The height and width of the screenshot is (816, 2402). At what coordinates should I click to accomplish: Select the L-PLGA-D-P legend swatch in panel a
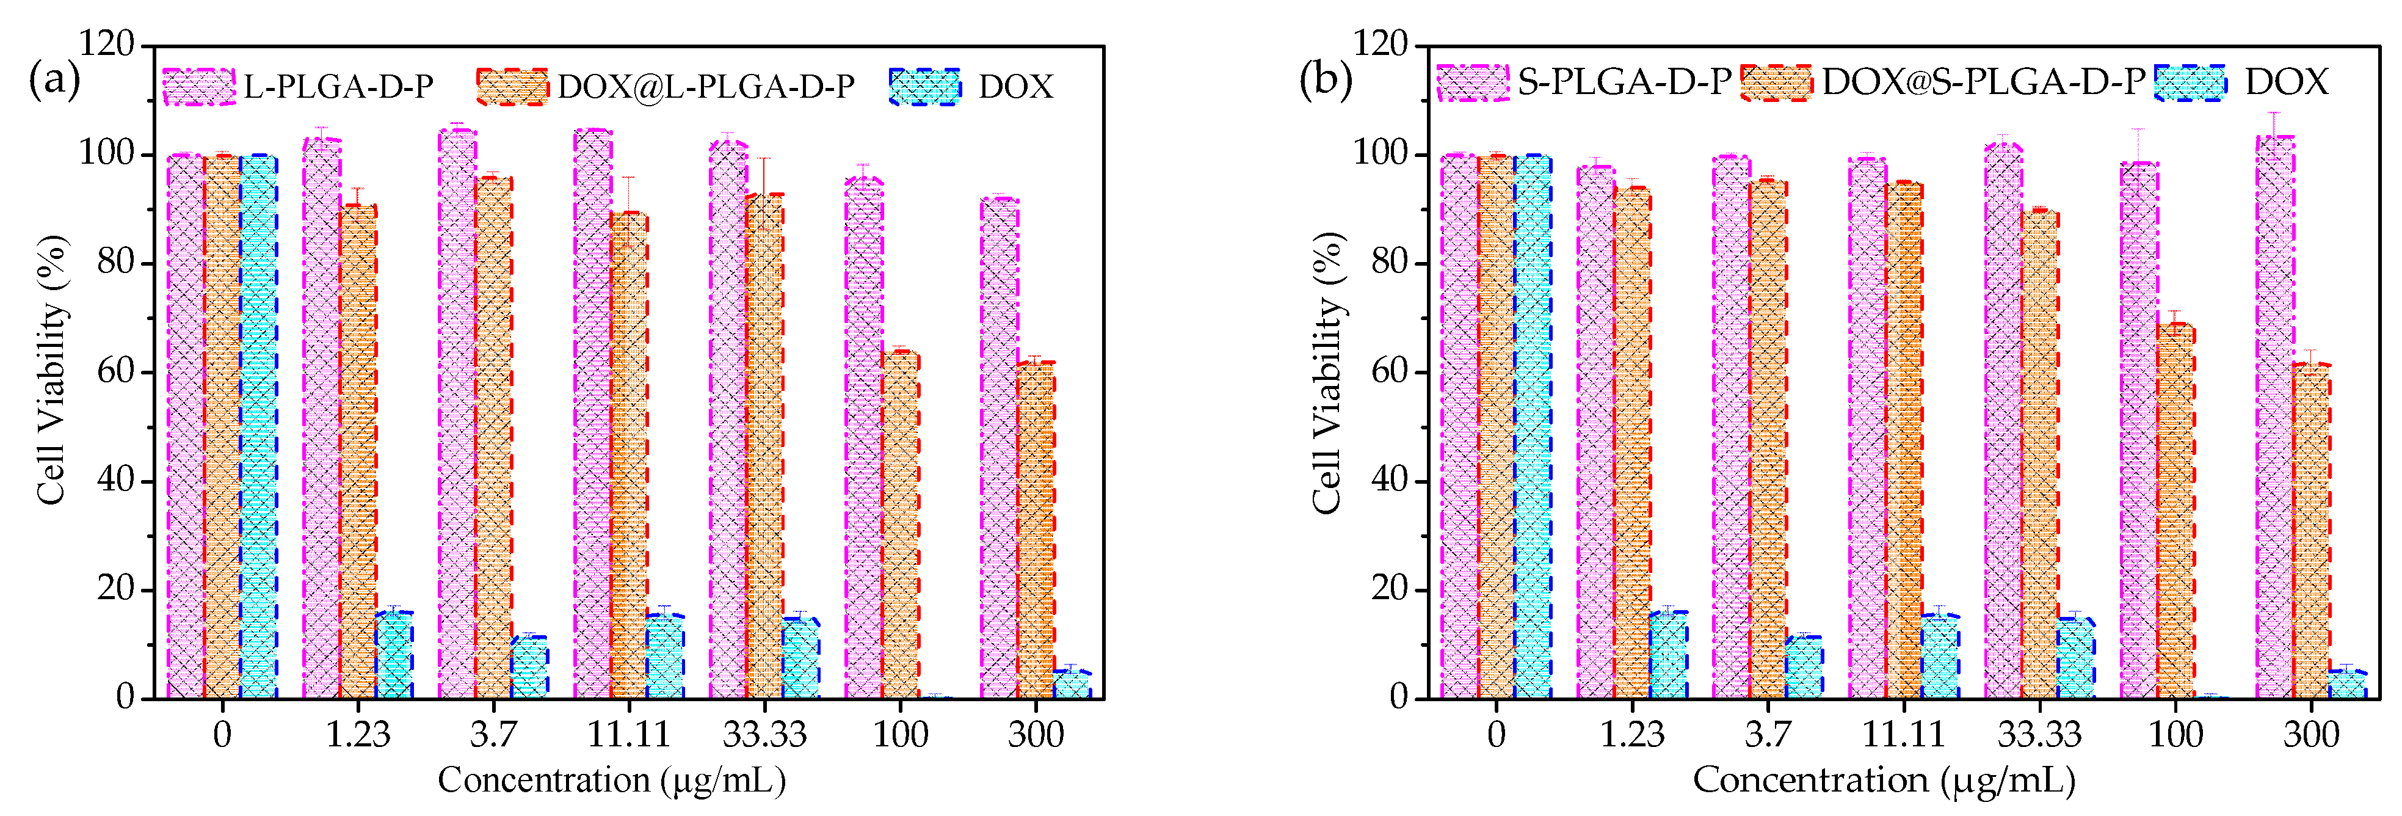point(198,87)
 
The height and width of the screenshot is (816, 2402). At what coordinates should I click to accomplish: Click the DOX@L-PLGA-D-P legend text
point(705,87)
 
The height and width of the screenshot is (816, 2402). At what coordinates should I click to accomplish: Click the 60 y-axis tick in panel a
point(115,371)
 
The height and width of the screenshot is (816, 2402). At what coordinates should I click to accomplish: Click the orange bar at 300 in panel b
point(2310,531)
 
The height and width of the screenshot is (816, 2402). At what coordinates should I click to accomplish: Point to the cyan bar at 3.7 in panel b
point(1804,667)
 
